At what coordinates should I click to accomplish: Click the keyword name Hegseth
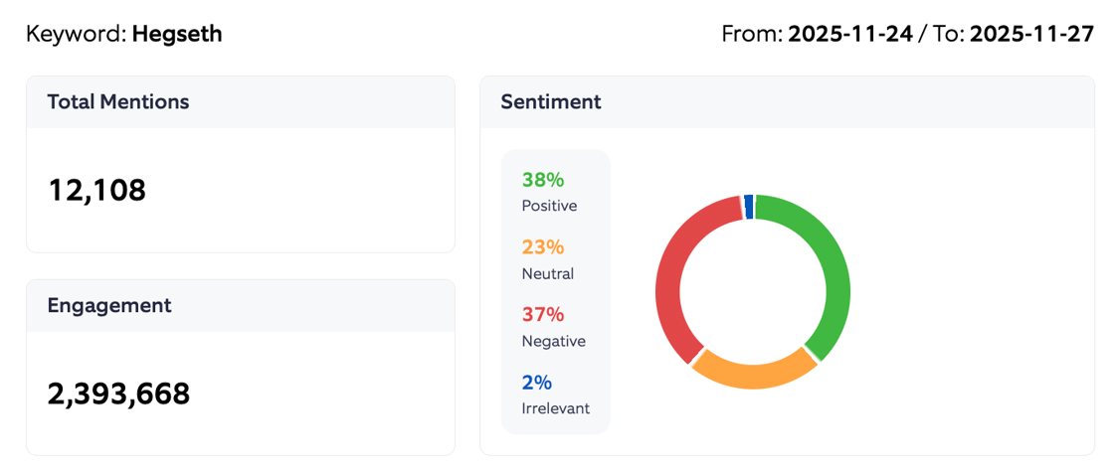point(177,34)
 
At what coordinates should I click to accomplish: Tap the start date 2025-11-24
point(850,34)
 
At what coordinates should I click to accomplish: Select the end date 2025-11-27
point(1031,34)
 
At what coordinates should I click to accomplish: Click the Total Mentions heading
point(117,101)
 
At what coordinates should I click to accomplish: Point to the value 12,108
point(96,189)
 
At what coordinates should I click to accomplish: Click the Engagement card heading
point(108,305)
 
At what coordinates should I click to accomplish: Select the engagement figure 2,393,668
point(118,393)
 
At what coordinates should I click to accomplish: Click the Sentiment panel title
point(550,101)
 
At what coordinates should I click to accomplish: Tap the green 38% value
point(542,180)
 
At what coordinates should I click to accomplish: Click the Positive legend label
point(549,206)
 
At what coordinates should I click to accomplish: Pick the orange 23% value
point(542,247)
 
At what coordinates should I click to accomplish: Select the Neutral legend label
point(547,273)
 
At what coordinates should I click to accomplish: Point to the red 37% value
point(542,315)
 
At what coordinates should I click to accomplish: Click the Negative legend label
point(553,341)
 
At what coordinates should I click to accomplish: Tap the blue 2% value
point(536,383)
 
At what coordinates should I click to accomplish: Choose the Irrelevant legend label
point(555,408)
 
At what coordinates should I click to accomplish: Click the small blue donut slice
point(748,206)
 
